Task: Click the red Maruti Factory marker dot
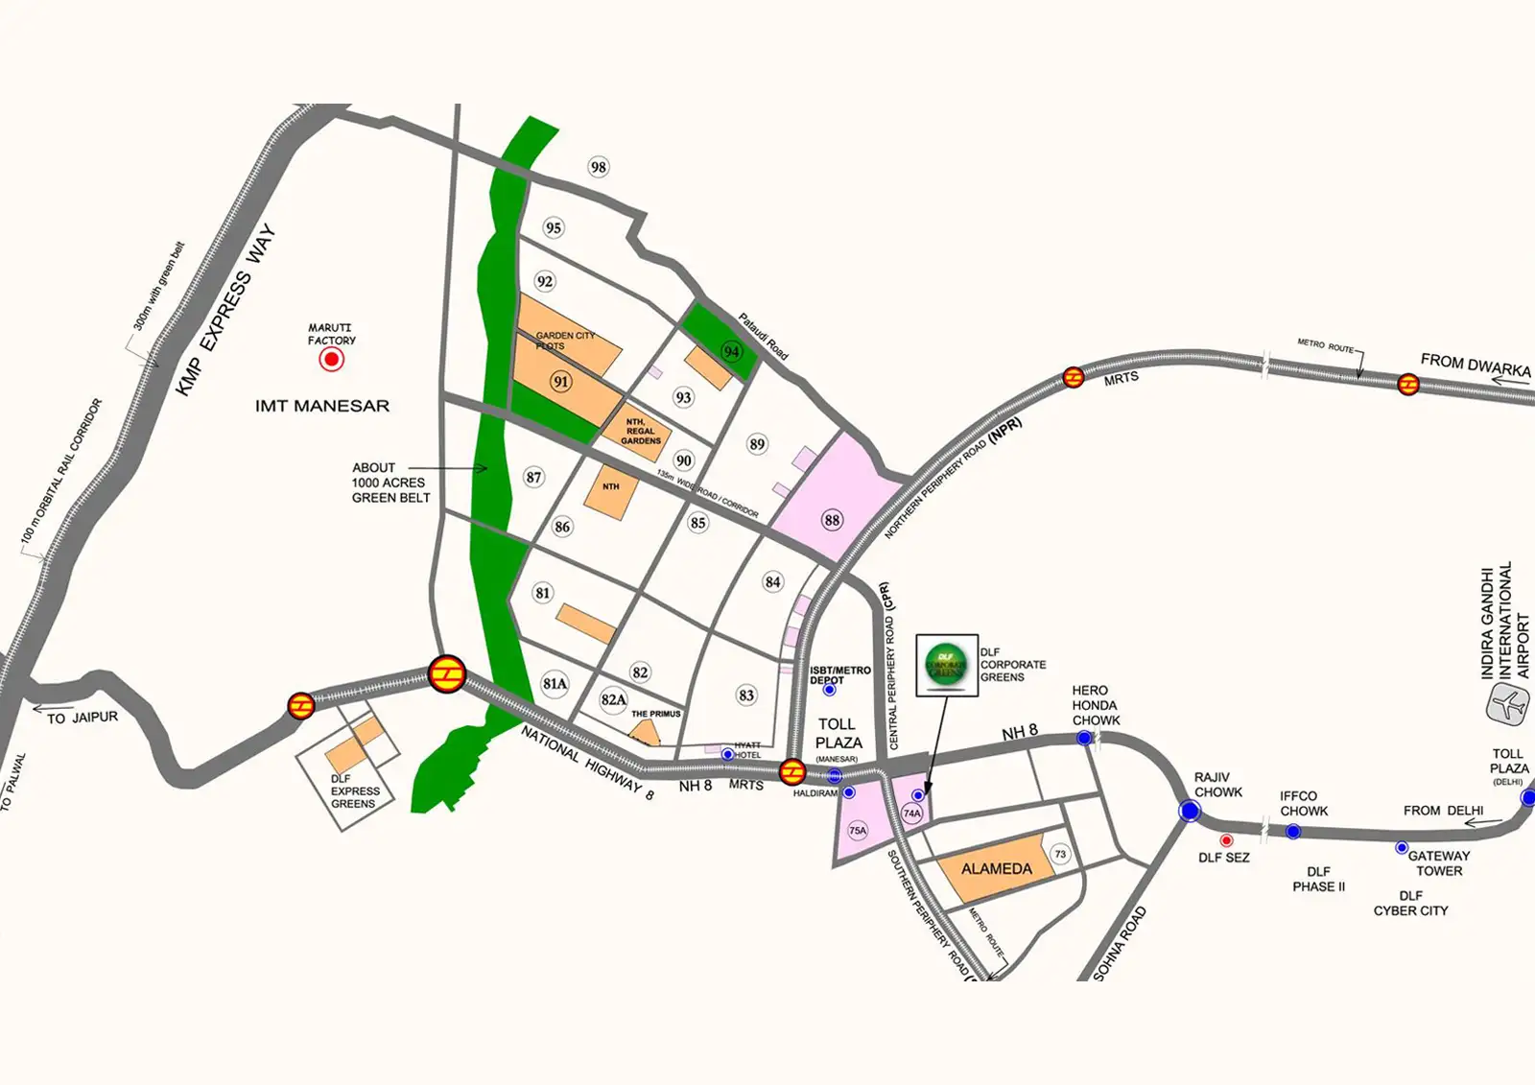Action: [x=332, y=360]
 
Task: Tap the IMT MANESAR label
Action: [x=322, y=406]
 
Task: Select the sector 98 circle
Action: [x=599, y=168]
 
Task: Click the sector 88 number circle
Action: [x=832, y=520]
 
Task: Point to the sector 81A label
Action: [x=555, y=684]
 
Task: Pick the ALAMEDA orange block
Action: [x=996, y=868]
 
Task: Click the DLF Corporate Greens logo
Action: [x=946, y=664]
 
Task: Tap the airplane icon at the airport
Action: [x=1508, y=707]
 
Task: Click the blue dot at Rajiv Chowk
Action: [x=1190, y=812]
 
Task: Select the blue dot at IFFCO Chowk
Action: [x=1293, y=831]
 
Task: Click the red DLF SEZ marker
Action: [x=1226, y=840]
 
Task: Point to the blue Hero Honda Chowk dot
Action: [x=1084, y=738]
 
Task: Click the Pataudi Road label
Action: [x=763, y=336]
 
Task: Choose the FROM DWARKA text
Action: [x=1475, y=366]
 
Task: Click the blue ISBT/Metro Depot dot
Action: [x=830, y=690]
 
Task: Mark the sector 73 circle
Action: [x=1060, y=854]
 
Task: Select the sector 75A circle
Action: [x=858, y=831]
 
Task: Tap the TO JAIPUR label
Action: [x=83, y=718]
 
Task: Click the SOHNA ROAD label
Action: [x=1120, y=943]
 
